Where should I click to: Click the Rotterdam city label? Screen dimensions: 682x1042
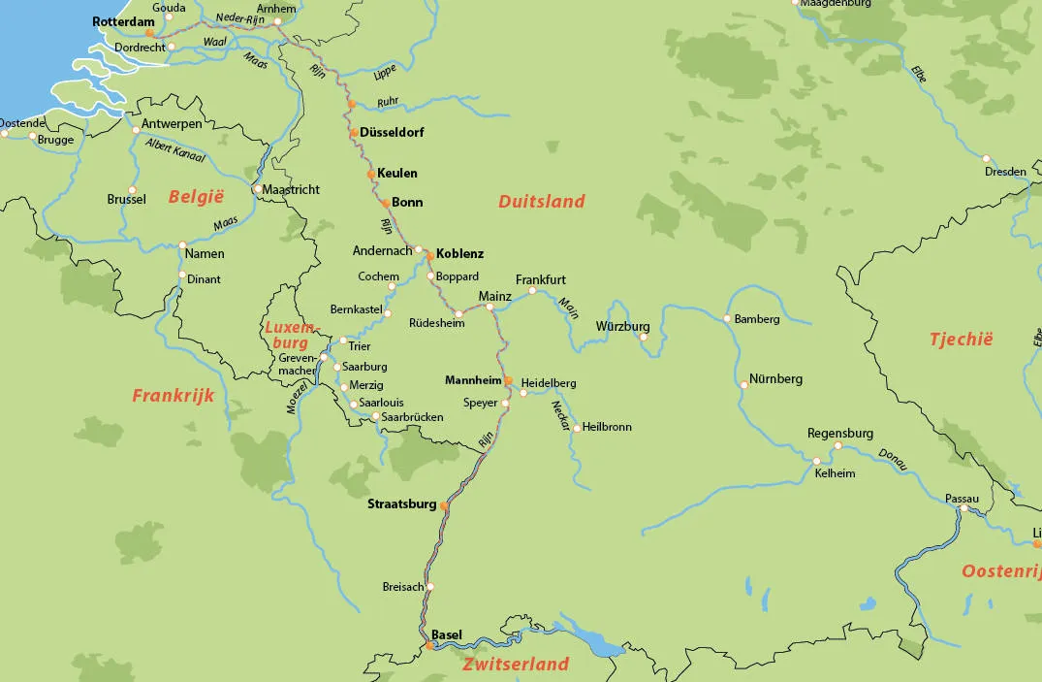[x=123, y=20]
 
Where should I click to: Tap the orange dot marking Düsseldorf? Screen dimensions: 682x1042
[x=355, y=133]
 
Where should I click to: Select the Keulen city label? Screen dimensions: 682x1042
[x=397, y=173]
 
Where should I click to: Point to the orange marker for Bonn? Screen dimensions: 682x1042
[x=385, y=203]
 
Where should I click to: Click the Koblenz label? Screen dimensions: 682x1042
[x=459, y=253]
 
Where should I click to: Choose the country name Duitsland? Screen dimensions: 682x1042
[x=542, y=202]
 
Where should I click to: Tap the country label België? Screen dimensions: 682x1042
[x=196, y=197]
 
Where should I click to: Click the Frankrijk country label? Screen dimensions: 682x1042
[x=173, y=396]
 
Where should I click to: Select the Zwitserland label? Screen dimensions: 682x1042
[x=515, y=665]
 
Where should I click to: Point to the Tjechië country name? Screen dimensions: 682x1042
[x=961, y=340]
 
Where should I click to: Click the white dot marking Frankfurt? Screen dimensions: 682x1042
[x=532, y=290]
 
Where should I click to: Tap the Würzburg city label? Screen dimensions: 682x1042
[x=622, y=326]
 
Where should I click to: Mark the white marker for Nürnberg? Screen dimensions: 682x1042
[x=744, y=385]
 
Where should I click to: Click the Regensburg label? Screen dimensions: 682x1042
[x=840, y=433]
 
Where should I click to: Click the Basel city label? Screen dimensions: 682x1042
[x=447, y=634]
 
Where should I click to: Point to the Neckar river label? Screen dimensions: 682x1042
[x=559, y=414]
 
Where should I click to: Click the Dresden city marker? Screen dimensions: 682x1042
[x=986, y=159]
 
